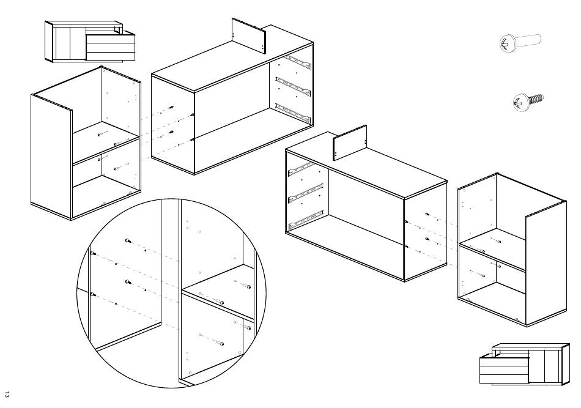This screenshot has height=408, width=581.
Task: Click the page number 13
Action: coord(7,395)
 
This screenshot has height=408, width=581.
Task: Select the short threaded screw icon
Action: coord(528,102)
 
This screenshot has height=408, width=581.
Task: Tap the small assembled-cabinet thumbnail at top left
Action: coord(90,41)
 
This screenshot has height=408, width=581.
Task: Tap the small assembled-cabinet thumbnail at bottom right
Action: coord(524,363)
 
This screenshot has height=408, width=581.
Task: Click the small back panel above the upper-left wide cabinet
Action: coord(249,34)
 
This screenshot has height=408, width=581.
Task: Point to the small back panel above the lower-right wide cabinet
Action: coord(349,143)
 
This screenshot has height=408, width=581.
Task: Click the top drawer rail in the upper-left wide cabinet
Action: coord(298,62)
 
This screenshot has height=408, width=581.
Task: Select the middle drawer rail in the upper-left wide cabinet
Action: coord(292,86)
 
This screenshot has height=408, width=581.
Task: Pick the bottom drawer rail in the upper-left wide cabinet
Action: coord(292,113)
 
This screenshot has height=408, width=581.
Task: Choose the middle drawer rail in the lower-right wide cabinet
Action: coord(306,193)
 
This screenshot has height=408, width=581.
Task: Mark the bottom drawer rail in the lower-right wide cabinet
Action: coord(306,219)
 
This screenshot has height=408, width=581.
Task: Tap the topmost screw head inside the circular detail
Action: coord(127,241)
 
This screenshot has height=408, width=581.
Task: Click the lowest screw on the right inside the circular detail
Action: coord(221,344)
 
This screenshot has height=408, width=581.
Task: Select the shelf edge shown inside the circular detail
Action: coord(218,293)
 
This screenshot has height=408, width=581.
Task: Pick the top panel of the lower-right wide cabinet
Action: coord(366,165)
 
